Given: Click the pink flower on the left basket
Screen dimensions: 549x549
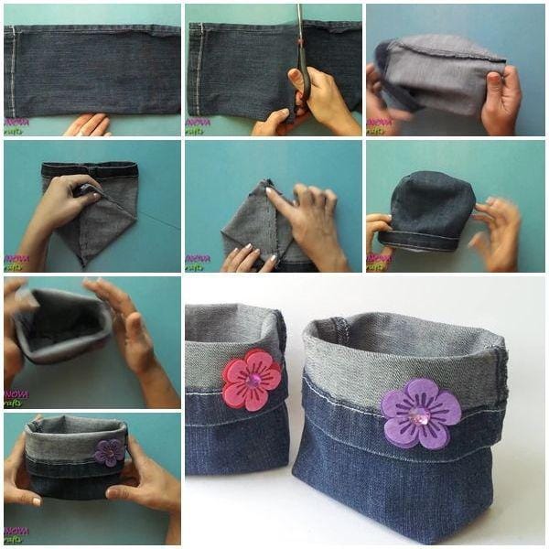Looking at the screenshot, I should tap(252, 379).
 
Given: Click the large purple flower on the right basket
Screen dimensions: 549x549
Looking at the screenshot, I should tap(420, 414).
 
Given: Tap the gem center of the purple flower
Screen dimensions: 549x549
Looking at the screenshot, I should tap(421, 415).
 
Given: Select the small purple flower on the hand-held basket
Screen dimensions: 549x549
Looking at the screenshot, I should tap(110, 451).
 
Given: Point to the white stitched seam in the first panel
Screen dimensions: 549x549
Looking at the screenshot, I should tap(13, 70).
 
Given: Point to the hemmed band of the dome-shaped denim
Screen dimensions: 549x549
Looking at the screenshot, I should tap(421, 240).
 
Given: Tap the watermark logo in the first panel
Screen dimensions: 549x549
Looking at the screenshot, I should tap(16, 126).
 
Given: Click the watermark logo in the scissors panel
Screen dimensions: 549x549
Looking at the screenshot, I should tap(198, 126).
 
